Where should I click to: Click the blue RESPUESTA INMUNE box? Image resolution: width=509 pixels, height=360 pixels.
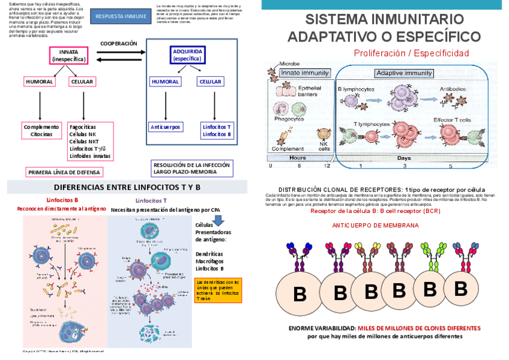(120, 16)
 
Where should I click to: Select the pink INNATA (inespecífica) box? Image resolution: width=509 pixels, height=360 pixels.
(68, 56)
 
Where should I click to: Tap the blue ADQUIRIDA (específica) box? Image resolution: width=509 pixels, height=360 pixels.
(187, 56)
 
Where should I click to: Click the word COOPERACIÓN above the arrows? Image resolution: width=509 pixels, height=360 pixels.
(118, 44)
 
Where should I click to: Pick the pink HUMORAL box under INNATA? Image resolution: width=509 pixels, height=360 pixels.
(40, 82)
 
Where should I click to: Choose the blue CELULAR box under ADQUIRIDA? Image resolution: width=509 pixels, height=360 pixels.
(210, 82)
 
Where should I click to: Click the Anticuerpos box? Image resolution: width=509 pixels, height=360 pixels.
(166, 127)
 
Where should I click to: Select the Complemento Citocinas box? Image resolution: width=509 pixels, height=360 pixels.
(41, 130)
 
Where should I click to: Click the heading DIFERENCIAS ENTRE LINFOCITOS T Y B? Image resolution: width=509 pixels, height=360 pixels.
(123, 187)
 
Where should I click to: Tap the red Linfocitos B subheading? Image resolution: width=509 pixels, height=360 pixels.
(62, 200)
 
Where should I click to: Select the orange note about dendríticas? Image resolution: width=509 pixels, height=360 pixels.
(218, 290)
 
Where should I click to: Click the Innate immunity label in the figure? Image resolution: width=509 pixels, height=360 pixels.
(305, 73)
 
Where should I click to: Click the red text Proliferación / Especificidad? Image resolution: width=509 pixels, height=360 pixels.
(411, 53)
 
